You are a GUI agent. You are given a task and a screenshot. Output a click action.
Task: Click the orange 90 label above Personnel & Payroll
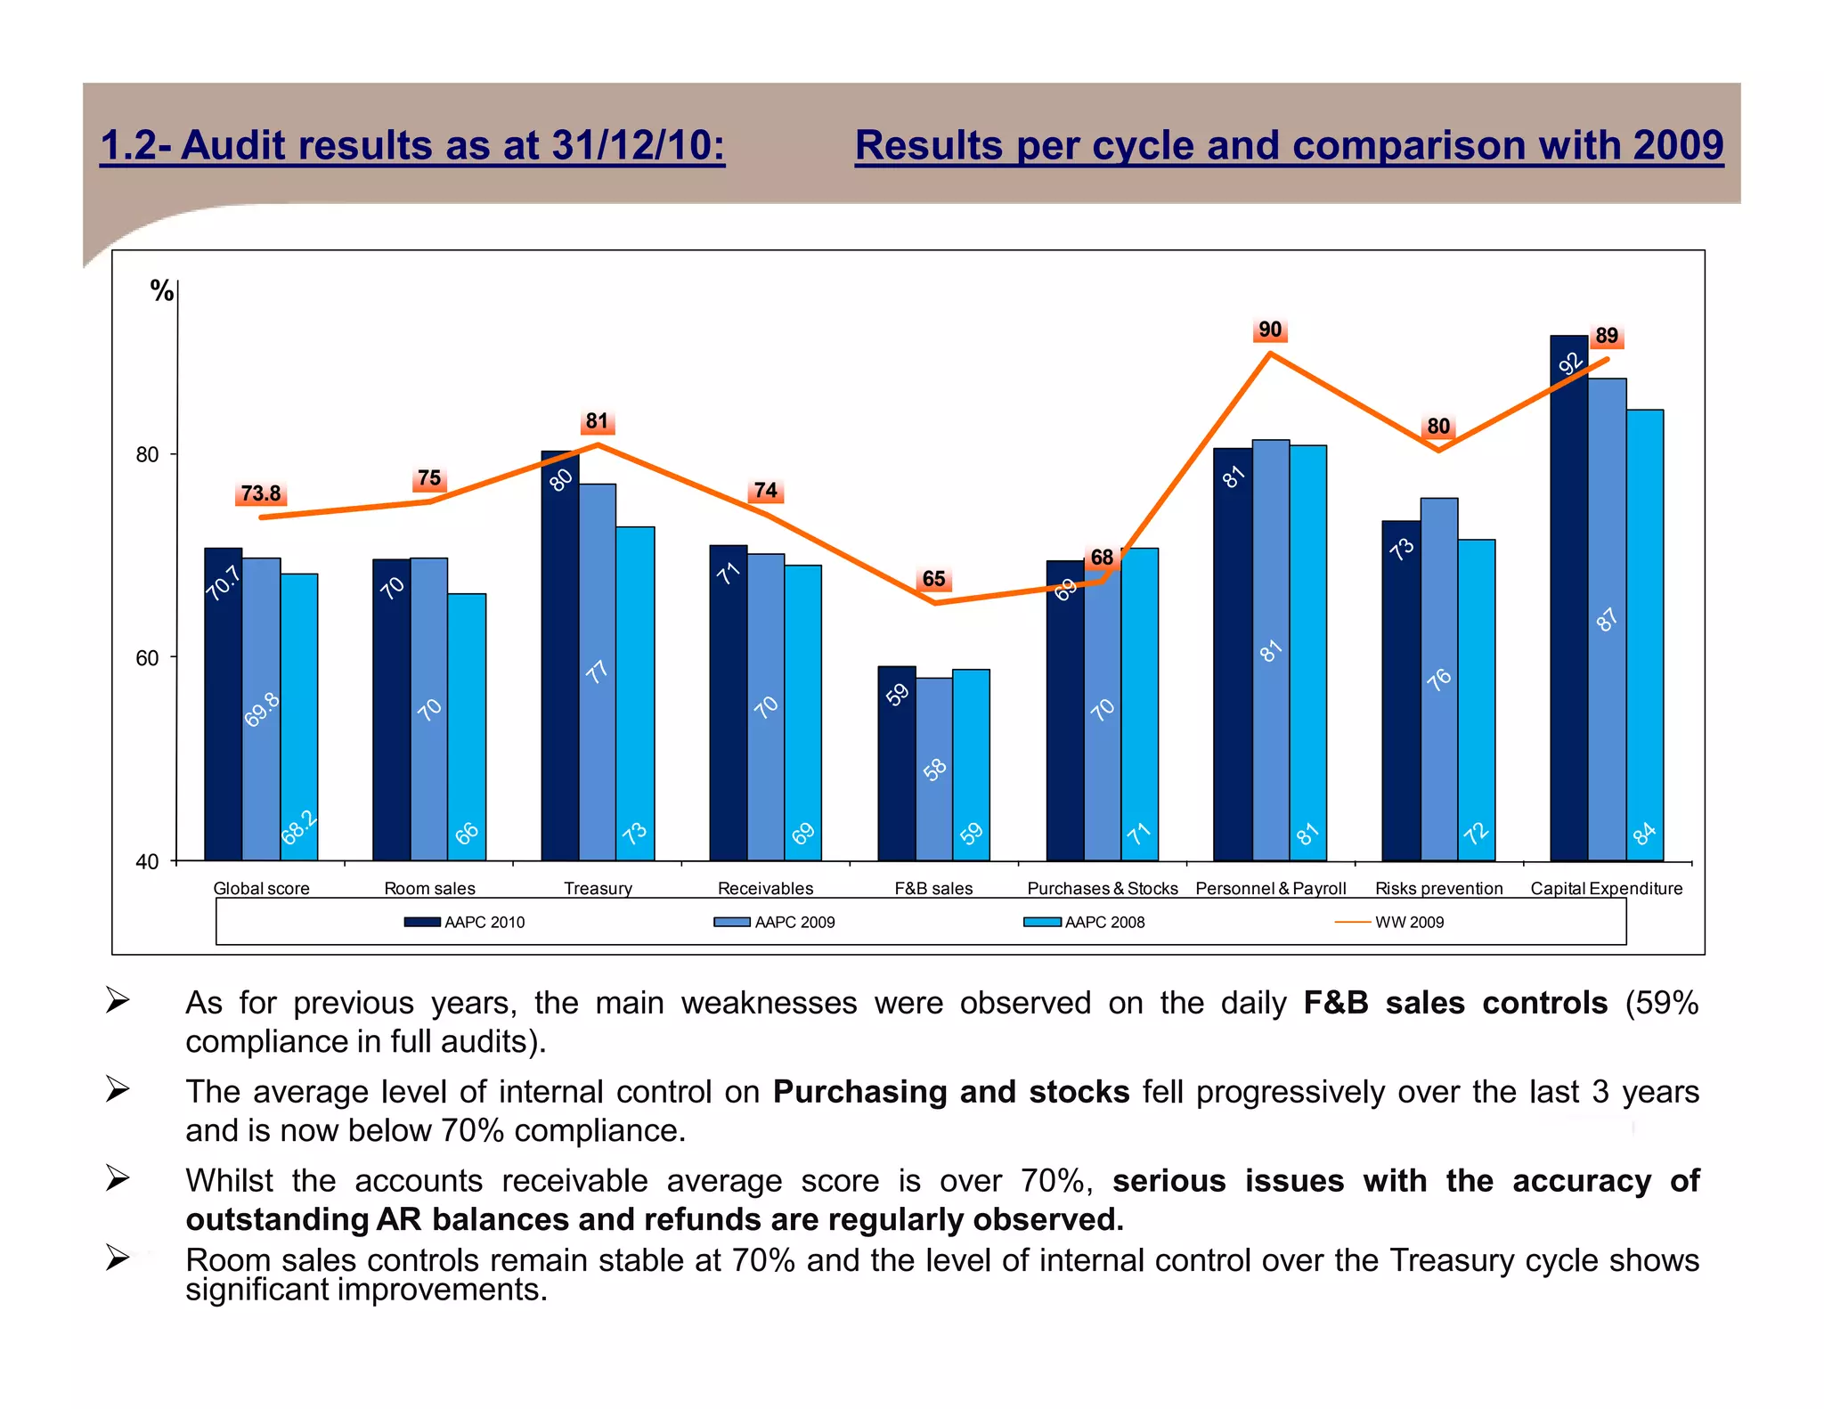tap(1269, 330)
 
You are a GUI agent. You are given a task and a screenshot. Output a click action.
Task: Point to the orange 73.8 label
tap(260, 493)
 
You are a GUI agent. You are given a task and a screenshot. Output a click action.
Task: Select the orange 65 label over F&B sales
tap(933, 579)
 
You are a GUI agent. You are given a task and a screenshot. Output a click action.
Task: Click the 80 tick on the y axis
tap(147, 455)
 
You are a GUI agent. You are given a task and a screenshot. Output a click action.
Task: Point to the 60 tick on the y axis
tap(147, 658)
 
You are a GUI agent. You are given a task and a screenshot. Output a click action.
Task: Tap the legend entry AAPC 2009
tap(794, 922)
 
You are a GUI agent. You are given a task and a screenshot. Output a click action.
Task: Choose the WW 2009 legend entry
tap(1408, 922)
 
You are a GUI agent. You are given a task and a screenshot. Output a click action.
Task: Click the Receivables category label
tap(765, 888)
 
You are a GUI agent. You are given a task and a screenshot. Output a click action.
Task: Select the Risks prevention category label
tap(1438, 888)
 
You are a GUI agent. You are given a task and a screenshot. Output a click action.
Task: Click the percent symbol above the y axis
tap(161, 290)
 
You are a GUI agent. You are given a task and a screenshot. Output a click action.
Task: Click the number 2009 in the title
tap(1678, 145)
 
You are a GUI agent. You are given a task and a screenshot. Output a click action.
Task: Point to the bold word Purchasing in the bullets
tap(861, 1091)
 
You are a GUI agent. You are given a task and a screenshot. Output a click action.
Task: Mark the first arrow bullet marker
tap(118, 1000)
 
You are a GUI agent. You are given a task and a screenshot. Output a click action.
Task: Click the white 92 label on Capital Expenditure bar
tap(1570, 362)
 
